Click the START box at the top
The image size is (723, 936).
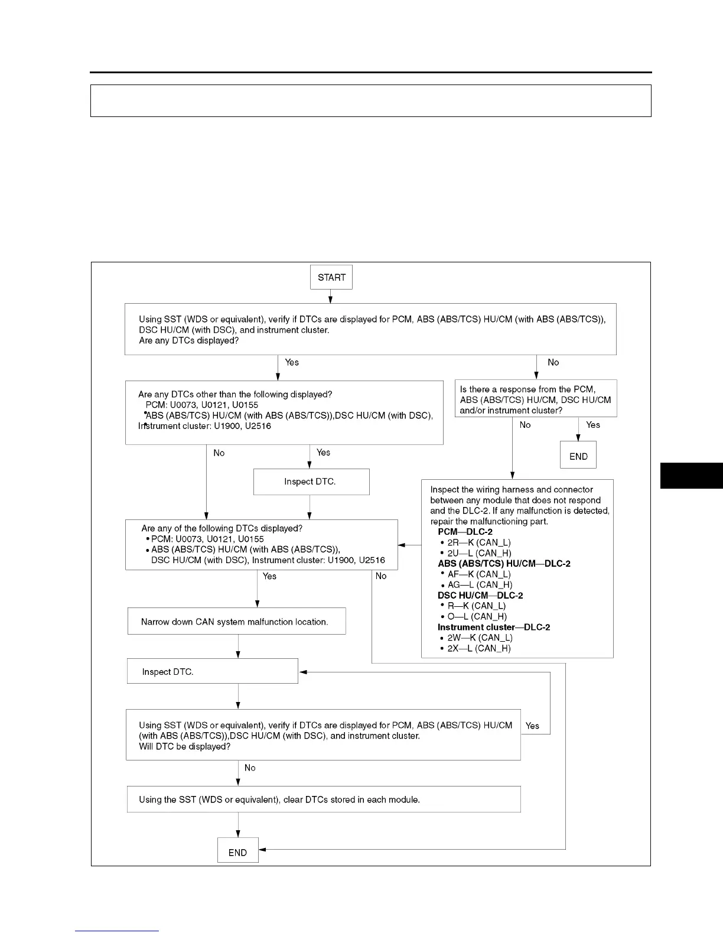point(331,277)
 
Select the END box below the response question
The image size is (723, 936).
point(578,456)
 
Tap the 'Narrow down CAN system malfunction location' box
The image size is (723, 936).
point(236,622)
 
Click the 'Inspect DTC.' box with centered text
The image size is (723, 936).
point(311,482)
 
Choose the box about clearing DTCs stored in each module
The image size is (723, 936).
point(324,799)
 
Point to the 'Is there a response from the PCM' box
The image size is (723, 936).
point(536,399)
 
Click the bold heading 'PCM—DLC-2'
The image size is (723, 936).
point(465,532)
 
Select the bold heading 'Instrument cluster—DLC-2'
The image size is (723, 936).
point(494,627)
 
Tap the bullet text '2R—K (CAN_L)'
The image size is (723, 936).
point(479,542)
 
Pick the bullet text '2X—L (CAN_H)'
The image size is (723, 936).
point(479,648)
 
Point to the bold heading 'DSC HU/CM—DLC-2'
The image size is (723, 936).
point(480,595)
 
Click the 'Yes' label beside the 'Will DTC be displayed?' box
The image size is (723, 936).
point(532,726)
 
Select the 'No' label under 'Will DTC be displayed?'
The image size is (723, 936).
point(250,768)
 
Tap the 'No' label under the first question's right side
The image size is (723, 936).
point(553,362)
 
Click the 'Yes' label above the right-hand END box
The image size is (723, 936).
point(593,424)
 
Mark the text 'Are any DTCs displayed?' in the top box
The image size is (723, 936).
point(189,341)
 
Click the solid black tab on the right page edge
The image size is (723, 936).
point(691,476)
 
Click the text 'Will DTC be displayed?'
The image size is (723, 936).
point(185,746)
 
